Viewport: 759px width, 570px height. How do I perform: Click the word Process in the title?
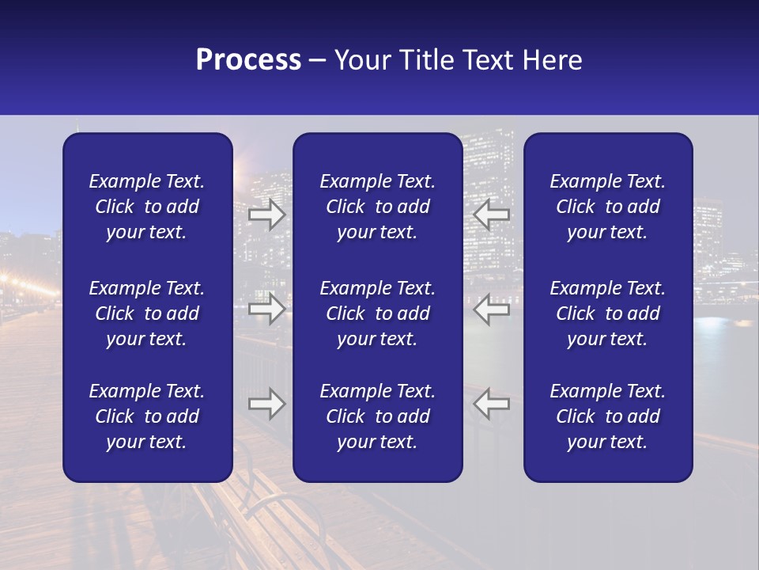click(x=248, y=60)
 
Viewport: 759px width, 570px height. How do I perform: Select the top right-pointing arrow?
click(x=266, y=215)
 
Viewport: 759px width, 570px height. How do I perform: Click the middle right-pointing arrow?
click(x=266, y=309)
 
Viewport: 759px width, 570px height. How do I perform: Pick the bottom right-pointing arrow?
click(x=266, y=404)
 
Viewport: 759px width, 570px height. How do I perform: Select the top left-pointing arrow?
click(x=492, y=215)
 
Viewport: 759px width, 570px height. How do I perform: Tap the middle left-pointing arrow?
click(x=492, y=309)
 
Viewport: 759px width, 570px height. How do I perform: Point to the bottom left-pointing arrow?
click(x=492, y=404)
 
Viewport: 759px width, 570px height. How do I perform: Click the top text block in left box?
click(x=147, y=207)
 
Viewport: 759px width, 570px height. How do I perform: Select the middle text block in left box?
click(x=147, y=313)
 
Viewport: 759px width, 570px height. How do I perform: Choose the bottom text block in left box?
click(x=147, y=416)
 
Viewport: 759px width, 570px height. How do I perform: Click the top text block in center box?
click(x=377, y=207)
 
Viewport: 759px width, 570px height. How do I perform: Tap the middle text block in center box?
click(x=377, y=313)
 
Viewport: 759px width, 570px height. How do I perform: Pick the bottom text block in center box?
click(x=377, y=416)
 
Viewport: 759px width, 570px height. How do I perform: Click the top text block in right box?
click(x=607, y=207)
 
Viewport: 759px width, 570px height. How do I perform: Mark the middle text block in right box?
click(x=607, y=313)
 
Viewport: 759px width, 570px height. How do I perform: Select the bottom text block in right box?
click(x=607, y=416)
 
